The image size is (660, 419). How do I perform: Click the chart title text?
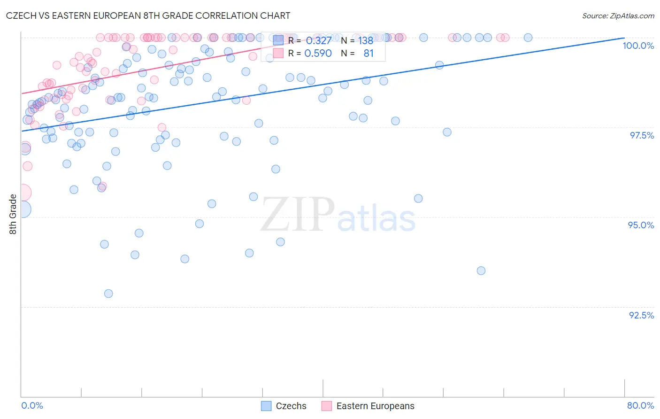click(148, 16)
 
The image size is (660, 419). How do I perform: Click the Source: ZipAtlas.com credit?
click(618, 16)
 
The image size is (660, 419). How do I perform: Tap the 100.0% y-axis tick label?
click(638, 46)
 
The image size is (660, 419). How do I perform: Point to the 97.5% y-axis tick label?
click(641, 135)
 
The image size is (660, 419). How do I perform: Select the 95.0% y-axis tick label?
click(641, 225)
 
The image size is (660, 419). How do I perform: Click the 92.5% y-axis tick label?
click(641, 315)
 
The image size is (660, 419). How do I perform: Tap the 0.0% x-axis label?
click(32, 405)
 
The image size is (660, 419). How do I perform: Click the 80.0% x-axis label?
click(640, 405)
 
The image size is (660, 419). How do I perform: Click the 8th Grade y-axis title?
click(13, 214)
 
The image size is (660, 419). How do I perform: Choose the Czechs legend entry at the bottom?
click(284, 406)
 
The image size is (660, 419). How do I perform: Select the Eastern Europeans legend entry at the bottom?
click(368, 406)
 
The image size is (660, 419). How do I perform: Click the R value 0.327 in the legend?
click(319, 40)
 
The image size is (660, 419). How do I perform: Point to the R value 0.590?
click(318, 54)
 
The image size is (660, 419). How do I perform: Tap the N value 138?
click(366, 40)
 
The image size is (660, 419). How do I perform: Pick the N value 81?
click(368, 54)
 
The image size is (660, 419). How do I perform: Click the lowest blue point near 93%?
click(108, 294)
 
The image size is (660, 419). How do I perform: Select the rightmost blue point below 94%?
click(481, 271)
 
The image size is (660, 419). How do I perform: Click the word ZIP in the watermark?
click(298, 215)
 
